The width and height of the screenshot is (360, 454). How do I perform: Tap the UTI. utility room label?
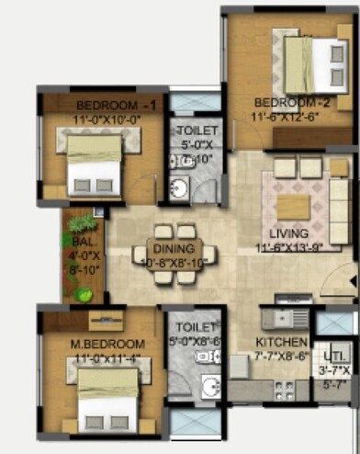click(x=332, y=358)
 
